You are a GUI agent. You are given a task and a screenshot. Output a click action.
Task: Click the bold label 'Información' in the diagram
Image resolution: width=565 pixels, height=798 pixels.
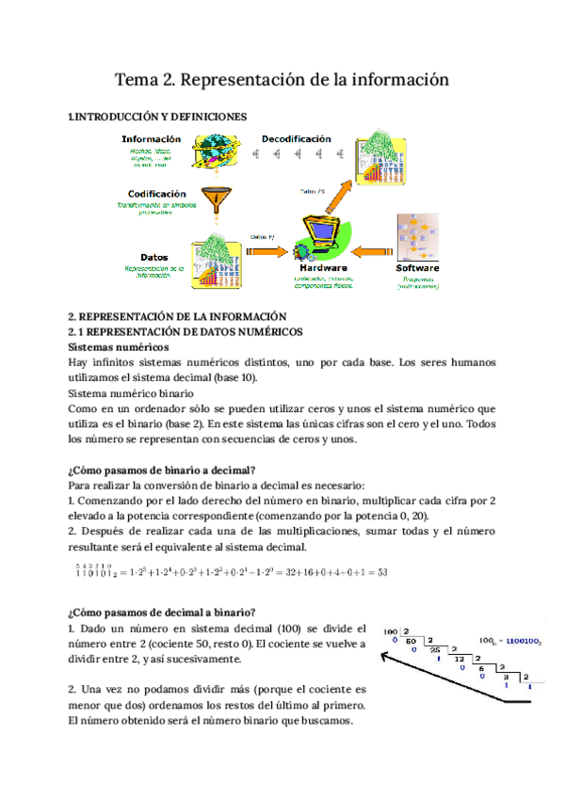152,139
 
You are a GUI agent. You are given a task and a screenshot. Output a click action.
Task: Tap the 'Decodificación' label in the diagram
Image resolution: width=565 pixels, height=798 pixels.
297,138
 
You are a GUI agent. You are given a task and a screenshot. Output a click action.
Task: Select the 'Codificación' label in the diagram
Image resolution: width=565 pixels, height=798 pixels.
151,194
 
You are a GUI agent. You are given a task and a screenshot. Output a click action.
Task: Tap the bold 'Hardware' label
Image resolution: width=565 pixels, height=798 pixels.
323,268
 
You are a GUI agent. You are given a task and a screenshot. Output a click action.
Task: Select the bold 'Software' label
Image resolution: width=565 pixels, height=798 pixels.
417,268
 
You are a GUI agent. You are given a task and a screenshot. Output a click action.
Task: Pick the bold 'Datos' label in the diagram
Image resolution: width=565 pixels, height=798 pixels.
154,257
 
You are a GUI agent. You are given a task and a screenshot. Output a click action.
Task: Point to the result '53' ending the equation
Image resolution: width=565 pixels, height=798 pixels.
383,572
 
